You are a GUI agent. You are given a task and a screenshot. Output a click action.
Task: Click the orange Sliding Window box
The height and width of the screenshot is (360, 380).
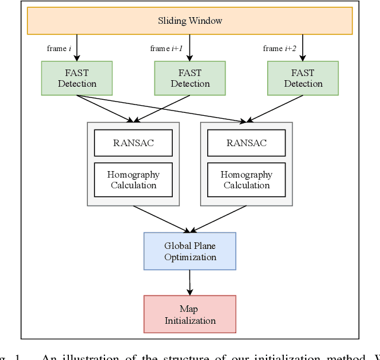tap(190, 21)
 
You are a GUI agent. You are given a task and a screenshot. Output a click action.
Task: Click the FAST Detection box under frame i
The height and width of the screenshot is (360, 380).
tap(77, 78)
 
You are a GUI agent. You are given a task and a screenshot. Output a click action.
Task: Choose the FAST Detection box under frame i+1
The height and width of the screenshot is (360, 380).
tap(190, 78)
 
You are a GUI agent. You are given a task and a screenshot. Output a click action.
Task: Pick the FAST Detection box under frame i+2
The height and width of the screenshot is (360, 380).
tap(303, 78)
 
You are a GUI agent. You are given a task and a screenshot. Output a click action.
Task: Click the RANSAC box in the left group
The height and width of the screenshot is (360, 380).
tap(134, 143)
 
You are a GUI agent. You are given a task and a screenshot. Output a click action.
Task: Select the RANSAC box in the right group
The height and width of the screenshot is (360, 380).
tap(246, 143)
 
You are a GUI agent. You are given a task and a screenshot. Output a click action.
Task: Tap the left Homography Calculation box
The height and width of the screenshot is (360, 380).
tap(134, 180)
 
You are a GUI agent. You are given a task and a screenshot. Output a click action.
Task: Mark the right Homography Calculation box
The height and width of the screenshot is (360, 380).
tap(246, 180)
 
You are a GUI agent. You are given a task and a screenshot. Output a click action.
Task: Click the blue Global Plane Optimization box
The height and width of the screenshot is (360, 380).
tap(190, 251)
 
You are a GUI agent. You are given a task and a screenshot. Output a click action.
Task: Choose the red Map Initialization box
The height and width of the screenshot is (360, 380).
tap(190, 314)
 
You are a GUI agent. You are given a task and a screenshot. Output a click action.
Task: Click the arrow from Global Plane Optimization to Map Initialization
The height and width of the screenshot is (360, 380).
tap(190, 282)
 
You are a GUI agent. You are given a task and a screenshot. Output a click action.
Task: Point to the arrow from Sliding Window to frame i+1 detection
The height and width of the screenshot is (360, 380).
tap(190, 48)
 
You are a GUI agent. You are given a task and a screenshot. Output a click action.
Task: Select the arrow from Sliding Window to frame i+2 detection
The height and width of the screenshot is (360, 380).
tap(303, 48)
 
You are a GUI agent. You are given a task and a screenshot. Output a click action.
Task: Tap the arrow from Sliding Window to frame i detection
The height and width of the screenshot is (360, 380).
tap(77, 48)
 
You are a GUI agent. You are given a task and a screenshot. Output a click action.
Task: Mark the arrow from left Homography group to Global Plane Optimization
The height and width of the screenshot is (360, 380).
tap(161, 219)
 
